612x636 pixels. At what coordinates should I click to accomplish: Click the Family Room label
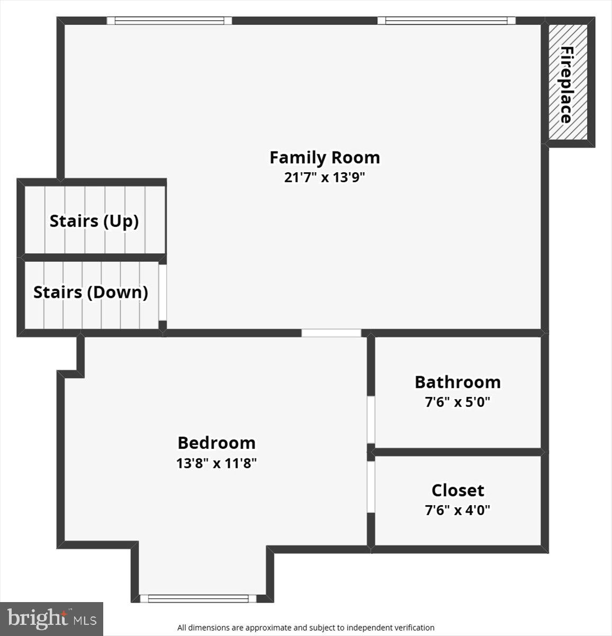pos(325,157)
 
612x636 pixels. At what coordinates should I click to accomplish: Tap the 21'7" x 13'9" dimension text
pos(325,177)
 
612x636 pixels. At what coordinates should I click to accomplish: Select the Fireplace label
pos(567,85)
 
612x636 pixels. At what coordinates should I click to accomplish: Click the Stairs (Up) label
pos(94,221)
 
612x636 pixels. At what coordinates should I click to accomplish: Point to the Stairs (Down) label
pos(91,293)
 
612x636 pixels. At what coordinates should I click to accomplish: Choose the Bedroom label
pos(217,443)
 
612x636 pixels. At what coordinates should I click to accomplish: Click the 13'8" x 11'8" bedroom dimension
pos(217,463)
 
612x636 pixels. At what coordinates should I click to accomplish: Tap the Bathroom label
pos(457,382)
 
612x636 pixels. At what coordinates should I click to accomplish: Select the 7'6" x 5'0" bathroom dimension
pos(457,402)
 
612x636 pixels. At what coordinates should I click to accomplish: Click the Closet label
pos(457,490)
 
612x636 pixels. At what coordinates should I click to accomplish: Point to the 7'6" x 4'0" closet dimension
pos(457,510)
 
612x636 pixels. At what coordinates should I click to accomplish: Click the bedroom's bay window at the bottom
pos(198,598)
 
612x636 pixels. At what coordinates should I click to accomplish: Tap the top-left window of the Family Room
pos(169,21)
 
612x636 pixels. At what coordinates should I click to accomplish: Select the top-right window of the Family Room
pos(446,21)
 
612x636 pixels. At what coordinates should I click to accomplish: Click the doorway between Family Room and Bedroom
pos(331,333)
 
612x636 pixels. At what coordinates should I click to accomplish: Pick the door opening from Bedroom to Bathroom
pos(371,420)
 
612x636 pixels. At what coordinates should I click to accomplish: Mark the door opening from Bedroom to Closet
pos(371,487)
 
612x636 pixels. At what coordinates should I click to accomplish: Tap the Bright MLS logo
pos(51,619)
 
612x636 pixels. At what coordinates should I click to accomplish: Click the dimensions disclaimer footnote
pos(305,628)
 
